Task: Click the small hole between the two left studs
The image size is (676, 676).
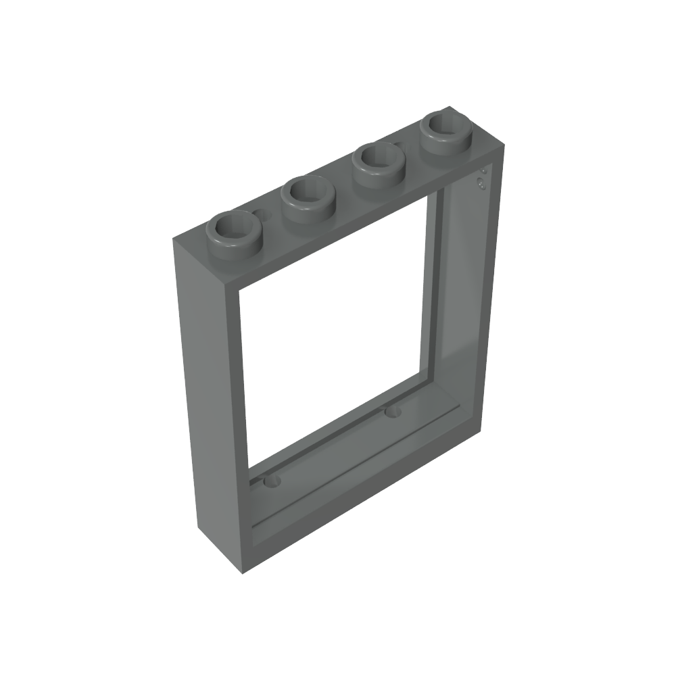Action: pos(264,216)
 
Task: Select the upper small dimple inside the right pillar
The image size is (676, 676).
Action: pos(483,172)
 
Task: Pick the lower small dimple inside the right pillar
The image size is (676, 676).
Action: pos(480,183)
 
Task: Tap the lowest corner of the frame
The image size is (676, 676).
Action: pos(239,575)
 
